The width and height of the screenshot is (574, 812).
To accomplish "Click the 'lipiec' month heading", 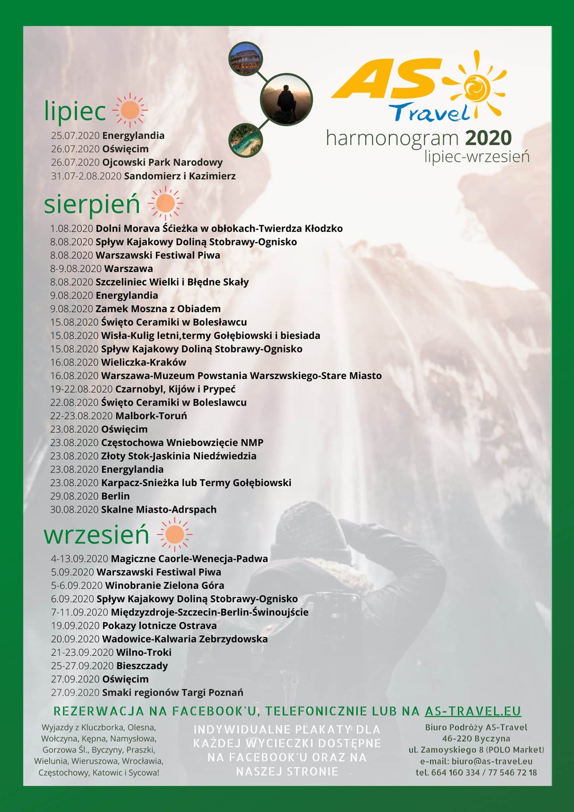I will click(x=75, y=111).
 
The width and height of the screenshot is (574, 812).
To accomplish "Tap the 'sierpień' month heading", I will click(x=92, y=204).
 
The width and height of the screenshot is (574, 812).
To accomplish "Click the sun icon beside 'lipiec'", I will click(x=130, y=110).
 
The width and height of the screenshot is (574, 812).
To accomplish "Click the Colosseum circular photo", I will click(x=246, y=59).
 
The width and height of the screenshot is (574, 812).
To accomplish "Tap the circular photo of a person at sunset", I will click(x=286, y=99).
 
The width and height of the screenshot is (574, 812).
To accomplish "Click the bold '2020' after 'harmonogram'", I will click(x=488, y=138).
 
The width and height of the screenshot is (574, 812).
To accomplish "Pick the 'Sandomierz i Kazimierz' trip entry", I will click(x=180, y=176).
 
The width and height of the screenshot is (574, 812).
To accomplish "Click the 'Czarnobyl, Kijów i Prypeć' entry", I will click(x=175, y=389).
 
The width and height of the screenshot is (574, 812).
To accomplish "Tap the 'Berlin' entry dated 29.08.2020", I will click(x=115, y=496).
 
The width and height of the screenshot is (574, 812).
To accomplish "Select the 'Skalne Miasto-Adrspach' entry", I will click(x=159, y=509).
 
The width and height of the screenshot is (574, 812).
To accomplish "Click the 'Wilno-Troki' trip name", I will click(x=144, y=652).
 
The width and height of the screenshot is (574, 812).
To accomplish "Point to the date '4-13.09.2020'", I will click(x=79, y=559).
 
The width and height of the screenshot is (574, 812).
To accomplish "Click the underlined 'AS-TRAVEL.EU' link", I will click(x=473, y=711).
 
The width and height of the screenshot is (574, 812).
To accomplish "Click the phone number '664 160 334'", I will click(x=455, y=772).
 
